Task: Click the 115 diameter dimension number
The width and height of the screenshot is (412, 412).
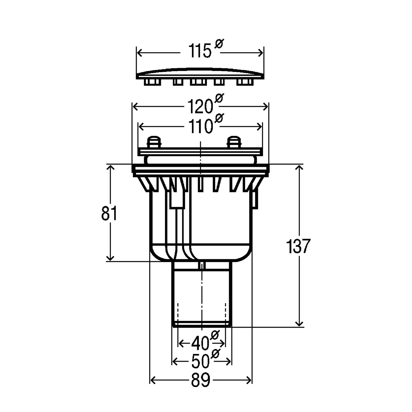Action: click(200, 51)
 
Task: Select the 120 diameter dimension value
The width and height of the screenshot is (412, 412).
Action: click(200, 106)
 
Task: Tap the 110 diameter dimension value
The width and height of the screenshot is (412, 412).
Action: click(200, 126)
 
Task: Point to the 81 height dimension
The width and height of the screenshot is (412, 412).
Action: click(109, 213)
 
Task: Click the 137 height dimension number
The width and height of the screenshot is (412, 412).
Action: click(298, 246)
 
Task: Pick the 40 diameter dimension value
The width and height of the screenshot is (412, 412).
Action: click(201, 343)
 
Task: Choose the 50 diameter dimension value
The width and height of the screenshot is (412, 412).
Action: click(201, 361)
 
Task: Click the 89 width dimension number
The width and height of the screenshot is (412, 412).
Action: click(201, 380)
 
